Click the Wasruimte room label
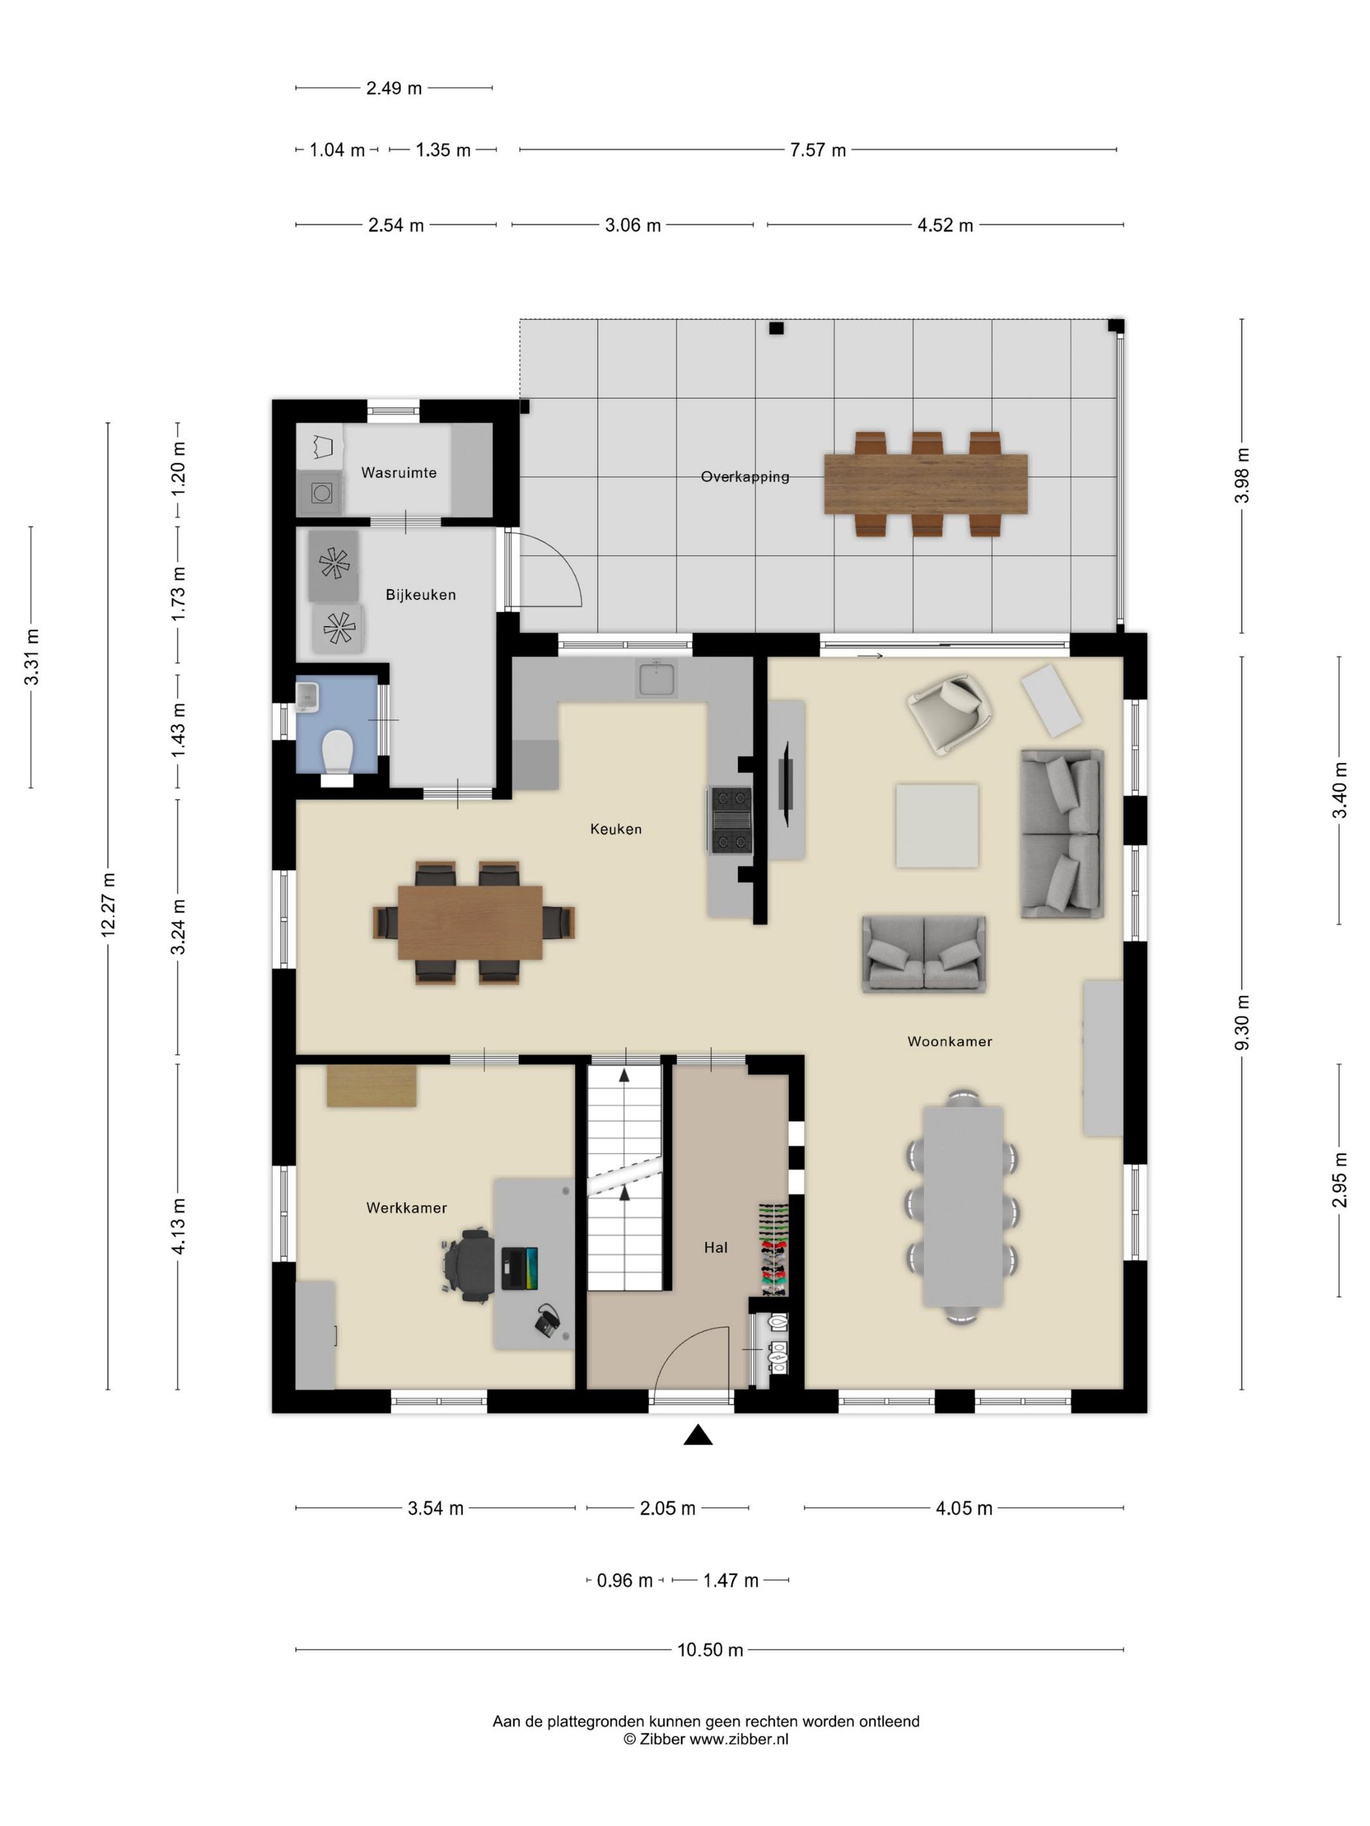point(399,473)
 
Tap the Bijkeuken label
point(420,594)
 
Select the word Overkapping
point(745,476)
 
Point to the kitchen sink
point(656,679)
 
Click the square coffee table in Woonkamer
point(937,826)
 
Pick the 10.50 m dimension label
point(710,1650)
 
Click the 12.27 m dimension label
point(108,904)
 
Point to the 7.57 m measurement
point(817,150)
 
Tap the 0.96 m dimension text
point(624,1580)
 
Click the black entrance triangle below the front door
point(698,1435)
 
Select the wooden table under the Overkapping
point(926,484)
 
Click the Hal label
point(716,1248)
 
